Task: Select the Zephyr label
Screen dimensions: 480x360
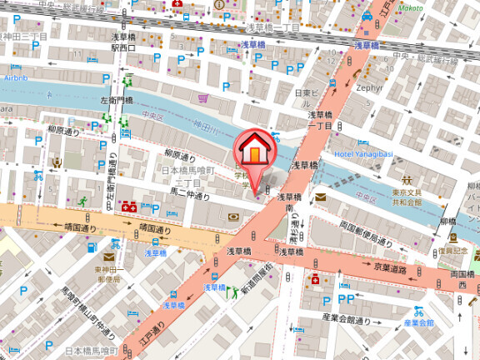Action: [367, 87]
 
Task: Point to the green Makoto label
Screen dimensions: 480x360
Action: [409, 7]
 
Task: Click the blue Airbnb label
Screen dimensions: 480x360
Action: [16, 77]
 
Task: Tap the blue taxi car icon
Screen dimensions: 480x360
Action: [367, 16]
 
